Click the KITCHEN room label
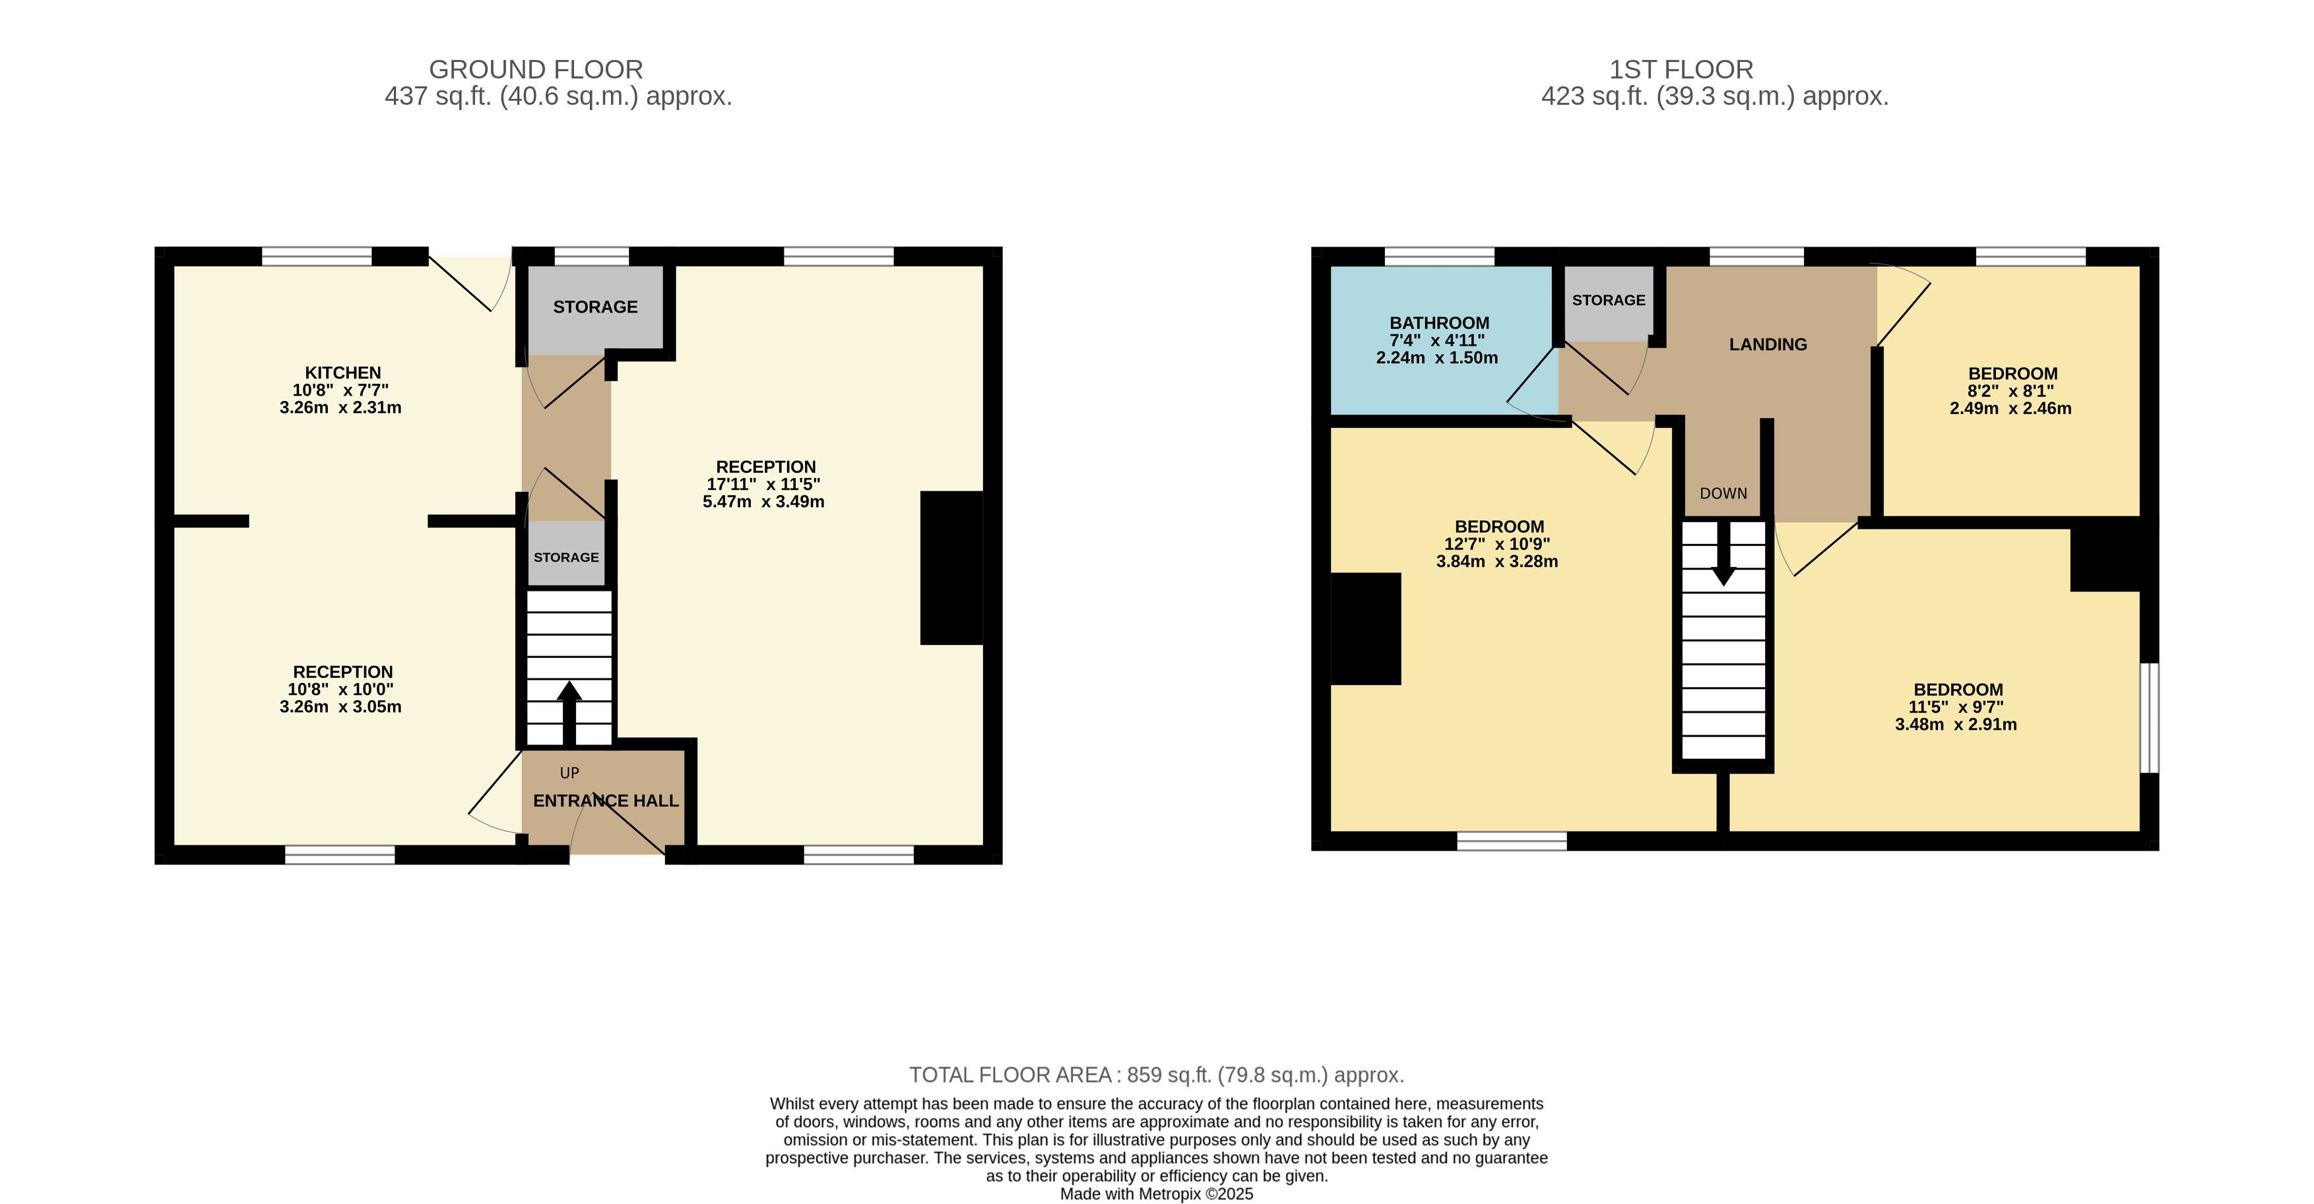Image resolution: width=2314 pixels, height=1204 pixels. pos(343,373)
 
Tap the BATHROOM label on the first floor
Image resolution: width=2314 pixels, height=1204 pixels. pos(1439,323)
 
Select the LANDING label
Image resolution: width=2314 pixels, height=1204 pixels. pos(1768,344)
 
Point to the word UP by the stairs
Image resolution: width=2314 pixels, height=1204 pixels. pos(569,773)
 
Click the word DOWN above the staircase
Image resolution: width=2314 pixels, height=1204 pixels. pos(1723,494)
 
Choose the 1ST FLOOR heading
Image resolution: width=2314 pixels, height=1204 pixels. pos(1681,70)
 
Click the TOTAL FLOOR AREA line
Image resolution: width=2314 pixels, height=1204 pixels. pos(1156,1075)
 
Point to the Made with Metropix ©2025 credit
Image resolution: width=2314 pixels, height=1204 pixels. pos(1156,1194)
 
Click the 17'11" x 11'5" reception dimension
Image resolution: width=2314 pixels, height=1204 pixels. pos(763,484)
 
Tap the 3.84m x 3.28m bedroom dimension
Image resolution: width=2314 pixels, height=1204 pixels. pos(1496,562)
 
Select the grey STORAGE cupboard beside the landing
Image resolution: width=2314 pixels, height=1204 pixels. pos(1609,303)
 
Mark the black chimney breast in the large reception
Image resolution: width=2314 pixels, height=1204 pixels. pos(951,568)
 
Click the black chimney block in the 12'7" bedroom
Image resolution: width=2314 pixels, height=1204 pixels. pos(1365,628)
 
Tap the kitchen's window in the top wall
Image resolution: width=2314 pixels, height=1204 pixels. pos(317,256)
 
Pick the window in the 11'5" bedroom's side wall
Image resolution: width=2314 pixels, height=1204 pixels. pos(2148,717)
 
